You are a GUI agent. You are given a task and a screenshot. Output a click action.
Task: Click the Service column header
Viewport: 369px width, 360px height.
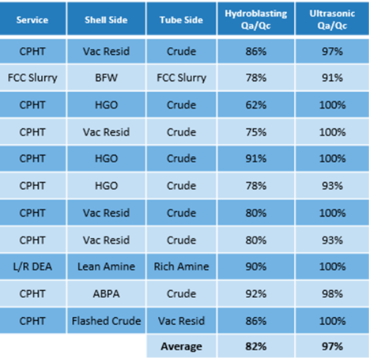32,20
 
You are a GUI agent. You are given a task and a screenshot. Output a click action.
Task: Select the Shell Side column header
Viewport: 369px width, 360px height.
105,20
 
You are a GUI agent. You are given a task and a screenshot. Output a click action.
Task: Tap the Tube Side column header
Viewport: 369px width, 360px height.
181,20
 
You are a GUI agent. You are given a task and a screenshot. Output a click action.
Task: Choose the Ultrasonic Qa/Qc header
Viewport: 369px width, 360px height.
331,19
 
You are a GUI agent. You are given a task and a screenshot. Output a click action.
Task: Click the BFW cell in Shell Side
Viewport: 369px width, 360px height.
105,77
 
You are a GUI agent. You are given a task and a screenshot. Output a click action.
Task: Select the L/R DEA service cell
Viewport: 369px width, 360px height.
32,266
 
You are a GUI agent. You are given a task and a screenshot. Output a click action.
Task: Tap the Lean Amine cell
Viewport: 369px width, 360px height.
105,266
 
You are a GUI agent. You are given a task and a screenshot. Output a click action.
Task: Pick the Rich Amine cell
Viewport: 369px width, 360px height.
181,266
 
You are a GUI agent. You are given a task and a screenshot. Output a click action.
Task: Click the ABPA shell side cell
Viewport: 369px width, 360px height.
105,293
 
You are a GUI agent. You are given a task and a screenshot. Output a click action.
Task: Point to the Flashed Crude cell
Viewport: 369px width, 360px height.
105,320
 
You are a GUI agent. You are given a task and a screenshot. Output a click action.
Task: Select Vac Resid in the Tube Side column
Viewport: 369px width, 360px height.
181,320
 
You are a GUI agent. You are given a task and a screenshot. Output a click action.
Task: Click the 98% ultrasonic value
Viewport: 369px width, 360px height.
331,293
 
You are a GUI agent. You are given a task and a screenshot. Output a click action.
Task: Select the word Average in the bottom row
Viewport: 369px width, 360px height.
181,346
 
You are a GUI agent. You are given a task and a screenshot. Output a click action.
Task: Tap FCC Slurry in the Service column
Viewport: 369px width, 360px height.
32,77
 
